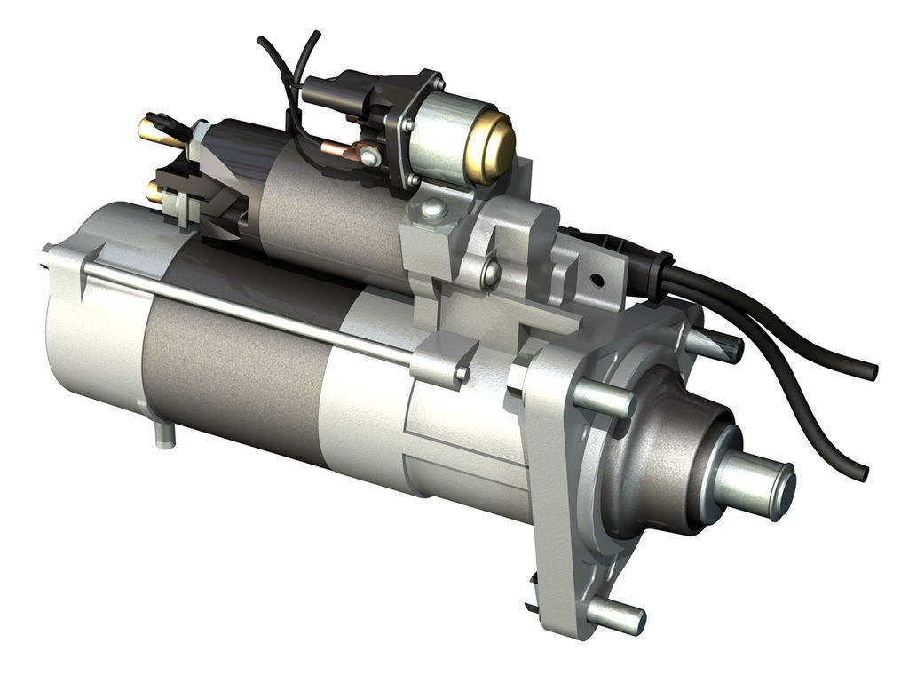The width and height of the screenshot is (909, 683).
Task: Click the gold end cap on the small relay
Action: pyautogui.click(x=493, y=147)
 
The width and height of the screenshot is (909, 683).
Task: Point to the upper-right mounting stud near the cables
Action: pyautogui.click(x=715, y=345)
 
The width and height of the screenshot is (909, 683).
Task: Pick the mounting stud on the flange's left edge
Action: pyautogui.click(x=604, y=399)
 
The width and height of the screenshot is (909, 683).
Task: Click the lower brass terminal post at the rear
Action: pyautogui.click(x=154, y=191)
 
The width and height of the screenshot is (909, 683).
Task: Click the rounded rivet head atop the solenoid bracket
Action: pyautogui.click(x=433, y=210)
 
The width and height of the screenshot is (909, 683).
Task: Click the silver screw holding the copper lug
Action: pyautogui.click(x=369, y=157)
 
